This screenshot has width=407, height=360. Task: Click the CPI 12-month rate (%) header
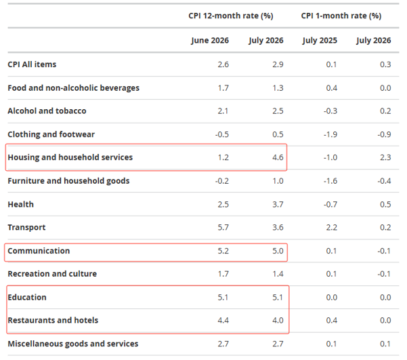(x=231, y=16)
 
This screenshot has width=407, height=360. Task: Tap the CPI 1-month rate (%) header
(x=341, y=16)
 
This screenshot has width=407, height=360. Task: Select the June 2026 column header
(x=210, y=41)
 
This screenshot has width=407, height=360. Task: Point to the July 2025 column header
(x=320, y=41)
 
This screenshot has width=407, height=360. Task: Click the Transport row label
(x=26, y=227)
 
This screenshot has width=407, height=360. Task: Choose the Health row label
(x=21, y=204)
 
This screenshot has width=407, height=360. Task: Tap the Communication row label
(x=39, y=251)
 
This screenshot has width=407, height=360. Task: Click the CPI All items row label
(x=32, y=64)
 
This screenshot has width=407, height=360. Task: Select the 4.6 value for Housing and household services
(x=278, y=157)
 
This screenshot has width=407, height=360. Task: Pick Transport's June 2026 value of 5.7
(x=223, y=227)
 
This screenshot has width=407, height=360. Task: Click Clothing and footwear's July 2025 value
(x=330, y=134)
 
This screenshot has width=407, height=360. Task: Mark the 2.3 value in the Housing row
(x=385, y=157)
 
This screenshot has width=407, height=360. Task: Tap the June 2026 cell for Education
(x=223, y=298)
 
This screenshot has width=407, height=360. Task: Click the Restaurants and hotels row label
(x=53, y=320)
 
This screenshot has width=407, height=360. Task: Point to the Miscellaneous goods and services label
(x=73, y=344)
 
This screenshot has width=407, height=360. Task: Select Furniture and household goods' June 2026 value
(x=222, y=181)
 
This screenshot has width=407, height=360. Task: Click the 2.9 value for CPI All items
(x=278, y=64)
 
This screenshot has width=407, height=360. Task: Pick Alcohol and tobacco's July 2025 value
(x=330, y=111)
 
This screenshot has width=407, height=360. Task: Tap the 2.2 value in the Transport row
(x=332, y=227)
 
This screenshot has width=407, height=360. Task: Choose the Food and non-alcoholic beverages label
(x=73, y=88)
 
